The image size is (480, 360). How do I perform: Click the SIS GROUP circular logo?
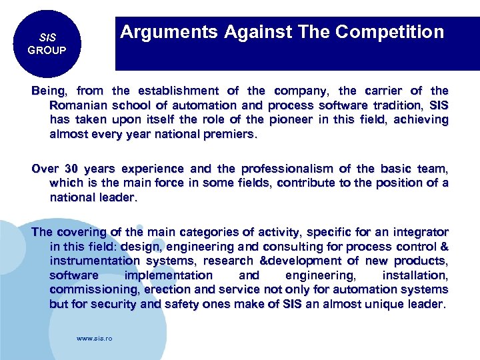point(47,44)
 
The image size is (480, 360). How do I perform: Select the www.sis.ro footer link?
point(95,339)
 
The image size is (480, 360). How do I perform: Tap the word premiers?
point(229,134)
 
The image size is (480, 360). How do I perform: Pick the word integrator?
point(417,233)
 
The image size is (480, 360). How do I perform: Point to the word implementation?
point(169,275)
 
